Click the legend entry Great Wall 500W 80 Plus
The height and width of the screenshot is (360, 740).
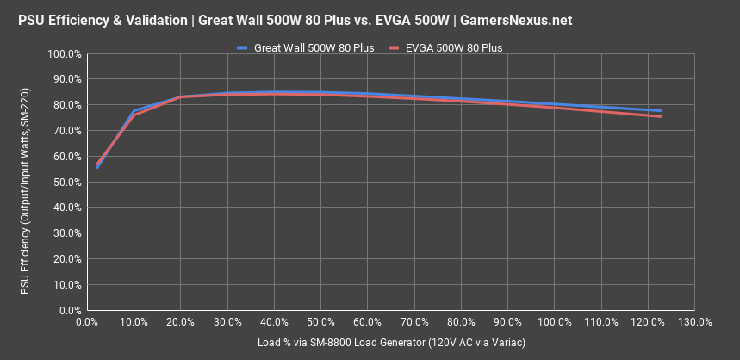[x=314, y=48]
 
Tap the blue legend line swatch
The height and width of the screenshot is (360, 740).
[x=243, y=48]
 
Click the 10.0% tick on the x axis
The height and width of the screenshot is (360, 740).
[x=134, y=323]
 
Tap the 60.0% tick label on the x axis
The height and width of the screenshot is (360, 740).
[x=368, y=323]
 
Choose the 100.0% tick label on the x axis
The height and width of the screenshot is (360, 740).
[x=554, y=323]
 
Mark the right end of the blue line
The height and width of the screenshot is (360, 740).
[x=661, y=110]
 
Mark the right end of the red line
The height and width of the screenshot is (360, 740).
[x=661, y=116]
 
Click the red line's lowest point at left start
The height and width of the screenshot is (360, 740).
[x=97, y=164]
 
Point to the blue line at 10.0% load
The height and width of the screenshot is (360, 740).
[x=134, y=111]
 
